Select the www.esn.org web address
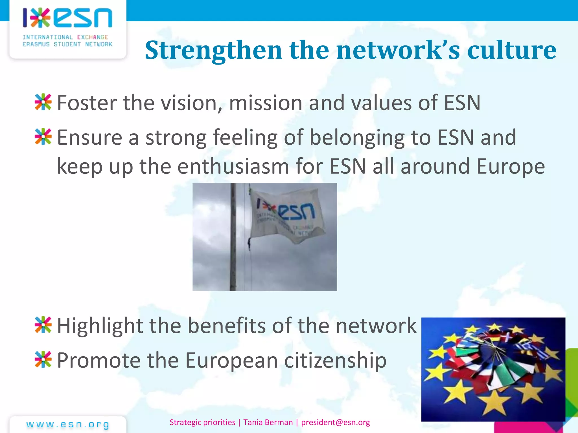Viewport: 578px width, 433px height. pos(68,424)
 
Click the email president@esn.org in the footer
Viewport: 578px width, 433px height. pos(335,422)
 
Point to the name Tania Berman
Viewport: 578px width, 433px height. pos(268,422)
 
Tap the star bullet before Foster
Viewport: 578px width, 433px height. pos(43,102)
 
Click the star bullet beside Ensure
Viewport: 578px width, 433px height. pos(43,137)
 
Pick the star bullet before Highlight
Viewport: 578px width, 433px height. pos(43,325)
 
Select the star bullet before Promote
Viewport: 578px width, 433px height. pos(43,359)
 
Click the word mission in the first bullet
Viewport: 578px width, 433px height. pos(266,103)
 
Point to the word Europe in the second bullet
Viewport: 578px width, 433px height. pos(511,166)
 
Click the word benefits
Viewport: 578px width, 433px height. pos(227,326)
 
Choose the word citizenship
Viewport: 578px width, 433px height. pos(335,361)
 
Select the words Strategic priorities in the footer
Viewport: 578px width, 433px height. pos(202,422)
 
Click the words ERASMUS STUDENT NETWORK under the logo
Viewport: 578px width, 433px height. pos(67,44)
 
